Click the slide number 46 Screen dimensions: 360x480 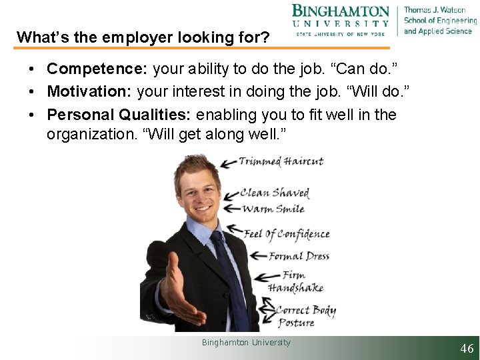[467, 349]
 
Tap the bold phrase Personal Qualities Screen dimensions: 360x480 [118, 115]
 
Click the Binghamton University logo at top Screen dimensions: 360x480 [340, 20]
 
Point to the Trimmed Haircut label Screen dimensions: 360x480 [281, 161]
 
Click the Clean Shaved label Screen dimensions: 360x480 [275, 193]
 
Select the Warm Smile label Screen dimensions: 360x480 [273, 209]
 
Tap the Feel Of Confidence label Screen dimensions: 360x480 [287, 234]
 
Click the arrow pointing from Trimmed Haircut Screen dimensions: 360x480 [228, 162]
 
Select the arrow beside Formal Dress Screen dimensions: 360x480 [257, 256]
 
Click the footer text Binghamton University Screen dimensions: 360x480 [246, 342]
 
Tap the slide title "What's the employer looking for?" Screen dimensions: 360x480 [143, 37]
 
